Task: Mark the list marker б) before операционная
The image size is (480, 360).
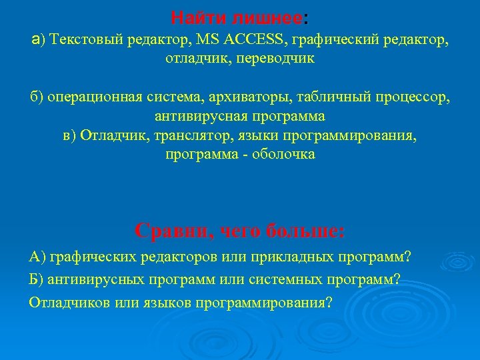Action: point(37,99)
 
